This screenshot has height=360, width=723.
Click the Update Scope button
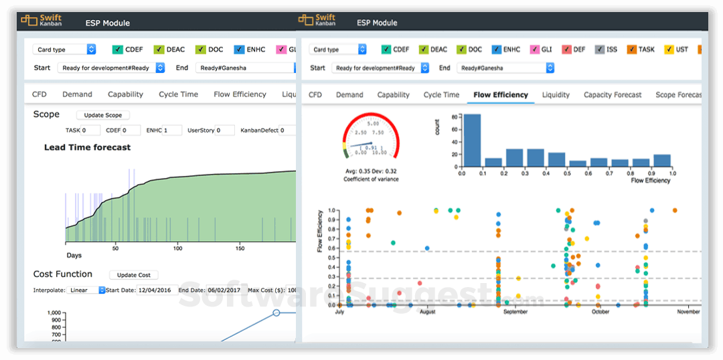click(102, 115)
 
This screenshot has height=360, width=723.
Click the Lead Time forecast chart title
click(87, 147)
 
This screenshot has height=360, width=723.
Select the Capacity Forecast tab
click(612, 95)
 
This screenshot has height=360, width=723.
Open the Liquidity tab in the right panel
click(556, 95)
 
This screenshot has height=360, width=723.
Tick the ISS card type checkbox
click(601, 50)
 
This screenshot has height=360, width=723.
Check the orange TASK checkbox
click(631, 50)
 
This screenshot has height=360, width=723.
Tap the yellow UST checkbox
click(669, 50)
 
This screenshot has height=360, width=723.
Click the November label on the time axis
click(688, 312)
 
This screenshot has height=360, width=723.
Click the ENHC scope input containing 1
click(172, 130)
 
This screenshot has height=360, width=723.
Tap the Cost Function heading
click(63, 274)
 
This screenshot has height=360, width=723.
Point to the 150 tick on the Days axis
click(240, 248)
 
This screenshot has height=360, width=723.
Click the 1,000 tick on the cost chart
click(54, 313)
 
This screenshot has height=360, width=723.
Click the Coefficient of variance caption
click(370, 179)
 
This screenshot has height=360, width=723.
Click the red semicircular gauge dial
click(370, 134)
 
